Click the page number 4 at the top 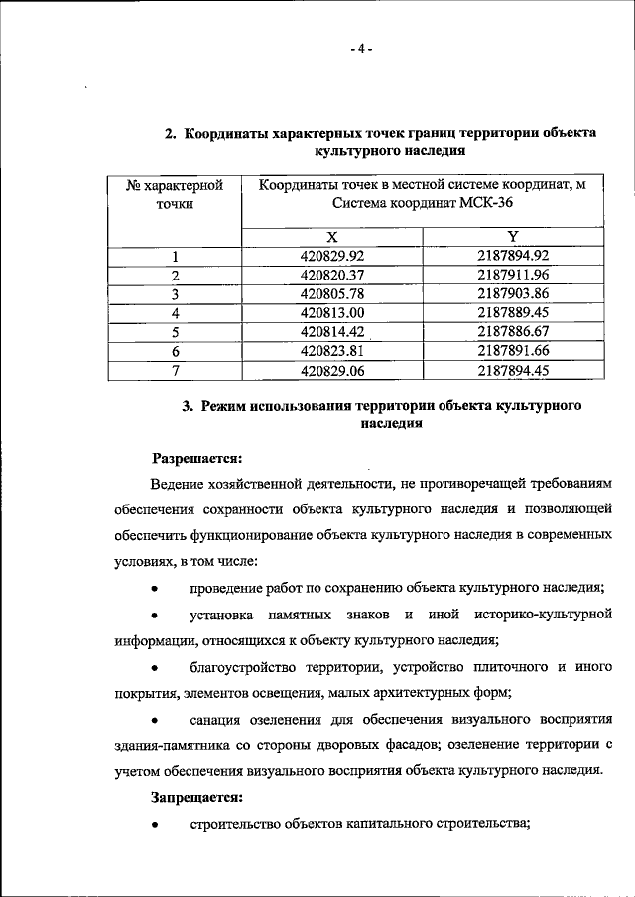click(362, 47)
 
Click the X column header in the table click(332, 237)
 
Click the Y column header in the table click(512, 237)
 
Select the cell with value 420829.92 click(332, 256)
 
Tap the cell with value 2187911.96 click(512, 275)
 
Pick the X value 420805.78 click(332, 294)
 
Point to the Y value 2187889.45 click(512, 313)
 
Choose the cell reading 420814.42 click(332, 332)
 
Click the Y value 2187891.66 click(512, 351)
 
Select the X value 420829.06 click(332, 371)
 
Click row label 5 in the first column click(175, 332)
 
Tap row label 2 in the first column click(175, 276)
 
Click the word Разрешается click(196, 458)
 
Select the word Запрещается click(196, 796)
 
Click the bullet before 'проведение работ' click(155, 589)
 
